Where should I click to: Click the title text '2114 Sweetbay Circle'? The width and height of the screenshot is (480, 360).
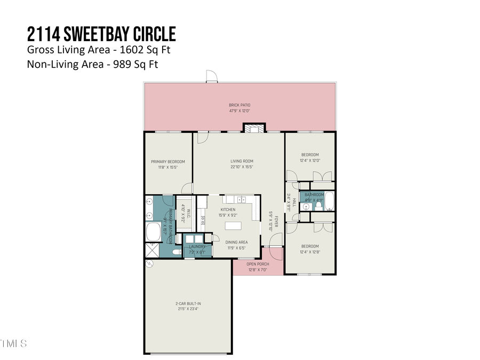coord(101,34)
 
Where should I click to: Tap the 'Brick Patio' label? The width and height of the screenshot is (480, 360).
coord(239,105)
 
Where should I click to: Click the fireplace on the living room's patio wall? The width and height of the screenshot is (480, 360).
coord(253,128)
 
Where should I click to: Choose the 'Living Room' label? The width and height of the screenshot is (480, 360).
coord(242,161)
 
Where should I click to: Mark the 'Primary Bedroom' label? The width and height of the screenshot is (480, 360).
coord(167,162)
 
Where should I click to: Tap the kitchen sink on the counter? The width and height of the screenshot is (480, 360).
coord(242,199)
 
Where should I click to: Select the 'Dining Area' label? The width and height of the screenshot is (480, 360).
coord(236,242)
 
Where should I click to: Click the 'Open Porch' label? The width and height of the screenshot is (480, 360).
coord(258,264)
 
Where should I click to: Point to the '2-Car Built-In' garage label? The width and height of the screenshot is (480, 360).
coord(188,303)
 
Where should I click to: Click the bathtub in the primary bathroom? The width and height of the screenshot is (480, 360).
coord(154,232)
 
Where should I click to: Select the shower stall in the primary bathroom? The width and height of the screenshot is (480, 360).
coord(152,250)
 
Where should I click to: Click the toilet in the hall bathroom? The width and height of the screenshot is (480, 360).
coord(319,205)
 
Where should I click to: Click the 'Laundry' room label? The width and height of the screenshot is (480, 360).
coord(197,246)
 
